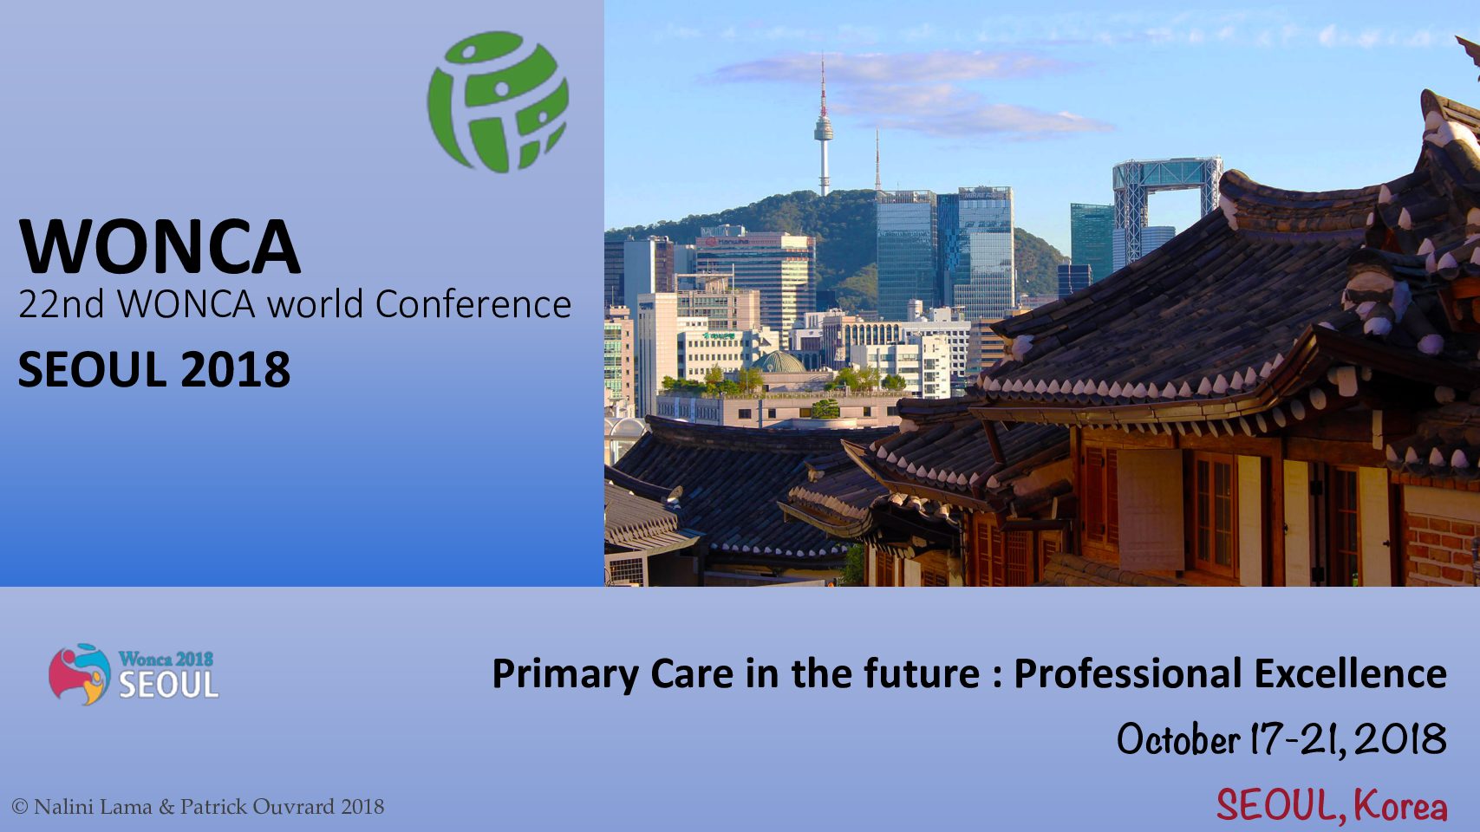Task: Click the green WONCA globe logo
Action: point(498,101)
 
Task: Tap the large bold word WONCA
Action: point(160,246)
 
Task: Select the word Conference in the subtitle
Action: point(473,304)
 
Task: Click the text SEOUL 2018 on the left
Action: point(154,369)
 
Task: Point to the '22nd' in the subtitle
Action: point(62,304)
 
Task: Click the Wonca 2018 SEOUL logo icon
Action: point(80,674)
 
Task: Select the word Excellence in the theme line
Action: point(1351,673)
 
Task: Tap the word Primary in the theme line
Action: point(566,675)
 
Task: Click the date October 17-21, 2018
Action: point(1281,739)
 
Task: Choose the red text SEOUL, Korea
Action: point(1332,806)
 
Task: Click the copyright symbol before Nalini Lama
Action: point(20,807)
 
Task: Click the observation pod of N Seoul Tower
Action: point(824,130)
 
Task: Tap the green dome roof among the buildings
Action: point(779,362)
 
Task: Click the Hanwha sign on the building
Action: point(734,243)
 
